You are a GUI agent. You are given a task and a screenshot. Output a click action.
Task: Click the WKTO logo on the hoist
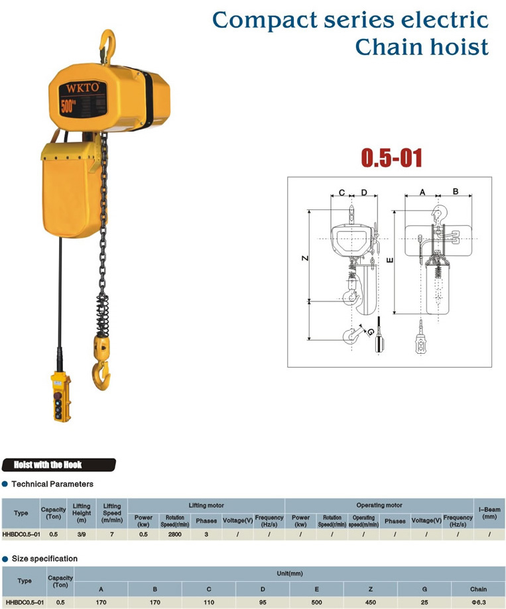coord(82,87)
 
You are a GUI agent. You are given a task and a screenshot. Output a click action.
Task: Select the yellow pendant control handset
coord(61,396)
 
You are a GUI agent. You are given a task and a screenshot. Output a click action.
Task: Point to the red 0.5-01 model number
coord(392,158)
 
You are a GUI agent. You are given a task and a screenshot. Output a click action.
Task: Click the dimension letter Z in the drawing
coord(305,258)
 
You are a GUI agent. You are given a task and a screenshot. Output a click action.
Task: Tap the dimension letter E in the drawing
coord(390,260)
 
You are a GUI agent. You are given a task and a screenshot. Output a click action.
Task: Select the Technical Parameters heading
coord(52,484)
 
